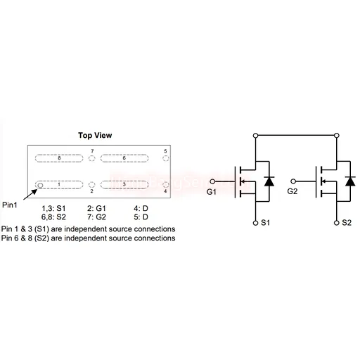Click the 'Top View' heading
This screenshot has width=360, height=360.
pos(95,135)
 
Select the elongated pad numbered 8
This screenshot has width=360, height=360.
pos(59,158)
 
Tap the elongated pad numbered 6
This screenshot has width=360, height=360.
pos(124,158)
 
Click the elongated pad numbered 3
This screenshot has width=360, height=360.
pos(124,185)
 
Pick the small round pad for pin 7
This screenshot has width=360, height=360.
pos(92,158)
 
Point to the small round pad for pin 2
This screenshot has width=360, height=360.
pos(92,185)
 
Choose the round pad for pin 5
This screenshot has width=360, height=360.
pos(166,158)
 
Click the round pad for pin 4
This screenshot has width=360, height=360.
pos(166,185)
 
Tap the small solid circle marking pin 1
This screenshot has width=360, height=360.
pos(40,186)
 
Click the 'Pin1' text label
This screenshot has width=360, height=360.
pos(10,205)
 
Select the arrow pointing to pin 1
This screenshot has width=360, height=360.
pos(30,195)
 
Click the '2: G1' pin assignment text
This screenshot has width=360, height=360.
pos(96,208)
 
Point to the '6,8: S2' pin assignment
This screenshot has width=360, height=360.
pos(53,217)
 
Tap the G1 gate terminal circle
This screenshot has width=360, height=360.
pos(212,181)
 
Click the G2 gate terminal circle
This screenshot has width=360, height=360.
pos(293,181)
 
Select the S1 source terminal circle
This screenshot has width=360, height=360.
pos(256,223)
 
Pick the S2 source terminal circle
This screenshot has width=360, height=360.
pos(337,223)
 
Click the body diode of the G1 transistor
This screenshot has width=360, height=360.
pos(269,181)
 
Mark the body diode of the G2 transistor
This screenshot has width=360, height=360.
pos(350,181)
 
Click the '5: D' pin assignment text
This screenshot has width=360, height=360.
pos(141,217)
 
